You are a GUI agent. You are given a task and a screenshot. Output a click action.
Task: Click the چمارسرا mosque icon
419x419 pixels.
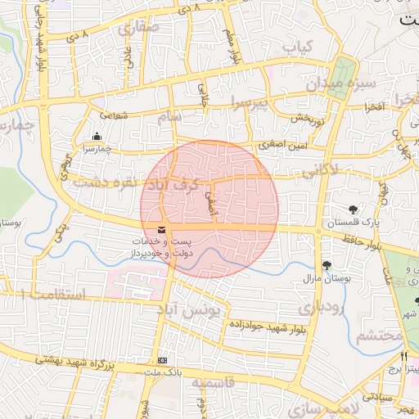tap(97, 137)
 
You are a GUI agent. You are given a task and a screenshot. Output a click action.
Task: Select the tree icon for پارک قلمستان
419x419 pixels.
tap(353, 209)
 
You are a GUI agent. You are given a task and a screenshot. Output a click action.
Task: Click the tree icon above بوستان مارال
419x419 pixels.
tap(327, 265)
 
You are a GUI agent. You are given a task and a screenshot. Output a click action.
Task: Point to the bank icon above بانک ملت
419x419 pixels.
tap(162, 360)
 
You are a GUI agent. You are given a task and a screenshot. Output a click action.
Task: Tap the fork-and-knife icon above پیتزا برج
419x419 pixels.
tap(403, 356)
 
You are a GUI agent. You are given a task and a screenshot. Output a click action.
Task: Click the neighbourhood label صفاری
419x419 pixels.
tap(139, 28)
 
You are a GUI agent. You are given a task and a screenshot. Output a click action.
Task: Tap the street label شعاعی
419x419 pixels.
tap(114, 115)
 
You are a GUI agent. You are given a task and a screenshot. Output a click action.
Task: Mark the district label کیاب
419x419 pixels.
tap(300, 47)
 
